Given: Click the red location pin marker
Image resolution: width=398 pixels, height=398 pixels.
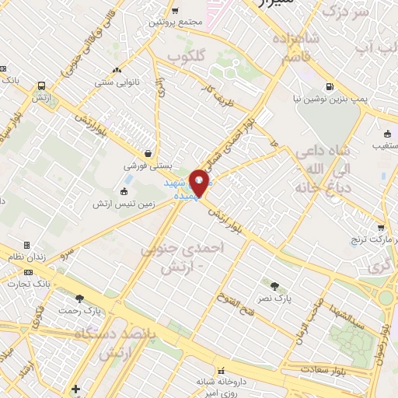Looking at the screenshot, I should pos(200,184).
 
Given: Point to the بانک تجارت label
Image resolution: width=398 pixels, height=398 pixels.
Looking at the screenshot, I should pos(59,285).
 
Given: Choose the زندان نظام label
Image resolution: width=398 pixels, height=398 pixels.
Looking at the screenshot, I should pos(28,257).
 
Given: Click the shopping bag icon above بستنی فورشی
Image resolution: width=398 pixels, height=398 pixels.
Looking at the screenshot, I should pos(147,153).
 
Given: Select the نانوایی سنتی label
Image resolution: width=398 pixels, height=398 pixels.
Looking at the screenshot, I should pos(115,82).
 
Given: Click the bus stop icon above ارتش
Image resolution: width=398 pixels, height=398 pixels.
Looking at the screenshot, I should pos(40,86).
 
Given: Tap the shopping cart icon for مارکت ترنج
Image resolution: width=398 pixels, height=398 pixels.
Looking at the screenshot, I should pos(380,228).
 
